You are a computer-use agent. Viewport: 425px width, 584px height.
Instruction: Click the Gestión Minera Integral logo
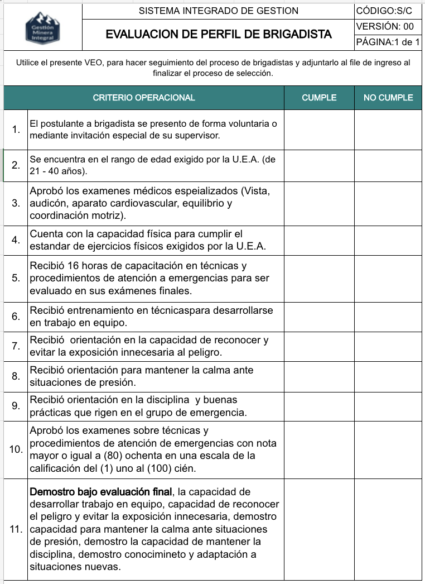click(x=42, y=27)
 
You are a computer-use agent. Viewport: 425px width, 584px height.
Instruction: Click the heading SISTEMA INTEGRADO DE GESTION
click(x=218, y=11)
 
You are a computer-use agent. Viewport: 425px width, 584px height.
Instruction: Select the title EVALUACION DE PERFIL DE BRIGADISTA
click(x=218, y=34)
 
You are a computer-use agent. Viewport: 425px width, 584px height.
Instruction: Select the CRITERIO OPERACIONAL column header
click(x=144, y=98)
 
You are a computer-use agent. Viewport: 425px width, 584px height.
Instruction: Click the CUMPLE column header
click(x=319, y=98)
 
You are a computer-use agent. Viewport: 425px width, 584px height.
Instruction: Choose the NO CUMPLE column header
click(x=388, y=98)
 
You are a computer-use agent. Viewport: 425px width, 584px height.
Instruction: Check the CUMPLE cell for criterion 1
click(x=319, y=130)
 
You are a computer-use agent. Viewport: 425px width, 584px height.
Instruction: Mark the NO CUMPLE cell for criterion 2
click(x=388, y=165)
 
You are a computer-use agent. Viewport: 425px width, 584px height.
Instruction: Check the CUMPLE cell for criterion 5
click(x=319, y=278)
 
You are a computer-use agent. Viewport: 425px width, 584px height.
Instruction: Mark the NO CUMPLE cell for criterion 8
click(x=388, y=376)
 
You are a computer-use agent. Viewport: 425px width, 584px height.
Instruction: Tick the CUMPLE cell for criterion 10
click(x=319, y=449)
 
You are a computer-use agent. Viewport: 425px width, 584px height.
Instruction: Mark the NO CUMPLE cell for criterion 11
click(x=388, y=529)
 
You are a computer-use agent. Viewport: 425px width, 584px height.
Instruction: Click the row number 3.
click(x=16, y=203)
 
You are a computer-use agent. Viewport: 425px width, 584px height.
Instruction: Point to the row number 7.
click(x=16, y=346)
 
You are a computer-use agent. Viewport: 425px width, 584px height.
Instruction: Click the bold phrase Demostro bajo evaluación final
click(x=101, y=492)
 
